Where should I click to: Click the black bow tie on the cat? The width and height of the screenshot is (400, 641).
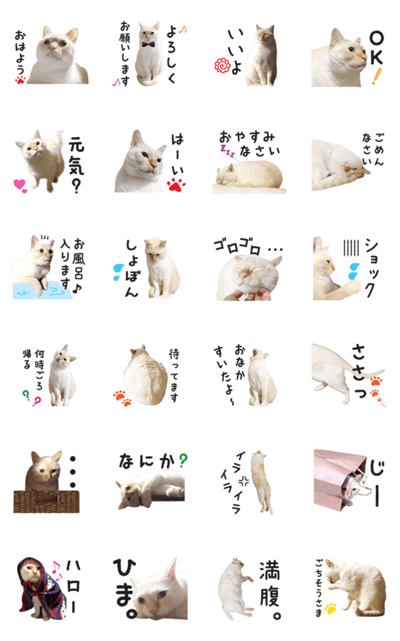pyautogui.click(x=148, y=45)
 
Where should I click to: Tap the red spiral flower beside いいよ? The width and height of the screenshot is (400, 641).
pyautogui.click(x=222, y=66)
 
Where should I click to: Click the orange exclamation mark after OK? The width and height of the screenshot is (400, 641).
pyautogui.click(x=376, y=76)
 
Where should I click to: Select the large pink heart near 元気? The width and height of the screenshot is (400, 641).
pyautogui.click(x=19, y=184)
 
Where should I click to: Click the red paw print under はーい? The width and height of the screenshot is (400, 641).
pyautogui.click(x=176, y=185)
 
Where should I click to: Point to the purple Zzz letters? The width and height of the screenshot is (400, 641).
pyautogui.click(x=227, y=151)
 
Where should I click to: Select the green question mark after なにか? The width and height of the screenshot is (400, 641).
pyautogui.click(x=184, y=461)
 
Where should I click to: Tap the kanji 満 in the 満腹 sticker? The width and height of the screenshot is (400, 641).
pyautogui.click(x=270, y=570)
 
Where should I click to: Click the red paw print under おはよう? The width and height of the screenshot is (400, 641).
pyautogui.click(x=20, y=80)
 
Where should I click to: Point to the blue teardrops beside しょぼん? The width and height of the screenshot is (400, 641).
pyautogui.click(x=117, y=272)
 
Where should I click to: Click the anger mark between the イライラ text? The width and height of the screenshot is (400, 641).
pyautogui.click(x=244, y=481)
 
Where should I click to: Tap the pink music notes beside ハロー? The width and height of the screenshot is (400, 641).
pyautogui.click(x=57, y=570)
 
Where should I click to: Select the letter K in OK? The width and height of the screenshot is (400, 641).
pyautogui.click(x=377, y=57)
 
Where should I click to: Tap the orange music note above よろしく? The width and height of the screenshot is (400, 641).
pyautogui.click(x=182, y=29)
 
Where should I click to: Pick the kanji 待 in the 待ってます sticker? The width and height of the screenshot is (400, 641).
pyautogui.click(x=174, y=354)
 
